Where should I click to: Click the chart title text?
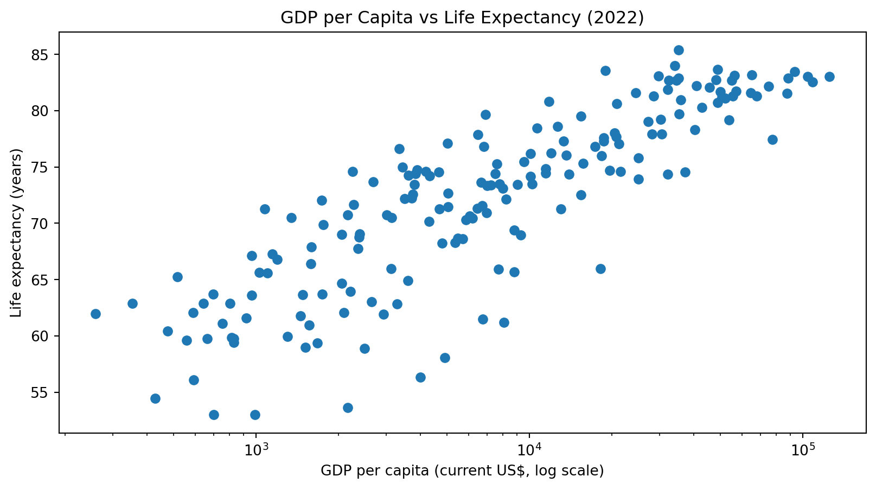[x=462, y=18]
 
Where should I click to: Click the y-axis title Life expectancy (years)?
[x=17, y=232]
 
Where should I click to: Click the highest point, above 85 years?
[x=679, y=50]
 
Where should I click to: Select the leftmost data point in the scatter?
[x=95, y=314]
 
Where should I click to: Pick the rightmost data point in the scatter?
[x=829, y=77]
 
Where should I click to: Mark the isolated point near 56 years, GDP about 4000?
[x=420, y=377]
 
